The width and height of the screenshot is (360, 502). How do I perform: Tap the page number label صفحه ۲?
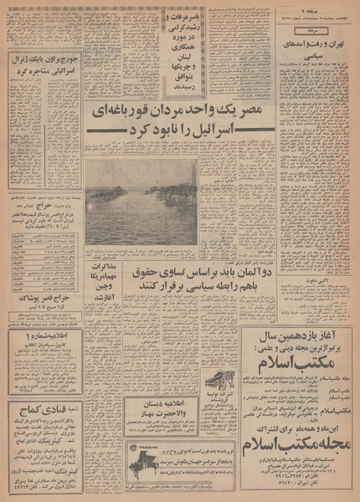[334, 10]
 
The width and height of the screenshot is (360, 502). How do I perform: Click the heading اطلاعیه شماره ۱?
[44, 337]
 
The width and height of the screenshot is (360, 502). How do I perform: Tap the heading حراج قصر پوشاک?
[44, 296]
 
